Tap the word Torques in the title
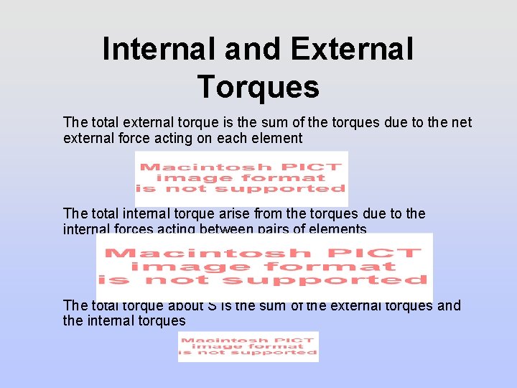click(x=258, y=87)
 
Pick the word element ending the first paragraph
click(x=276, y=138)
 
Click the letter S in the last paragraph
click(x=212, y=305)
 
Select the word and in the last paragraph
click(x=449, y=305)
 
